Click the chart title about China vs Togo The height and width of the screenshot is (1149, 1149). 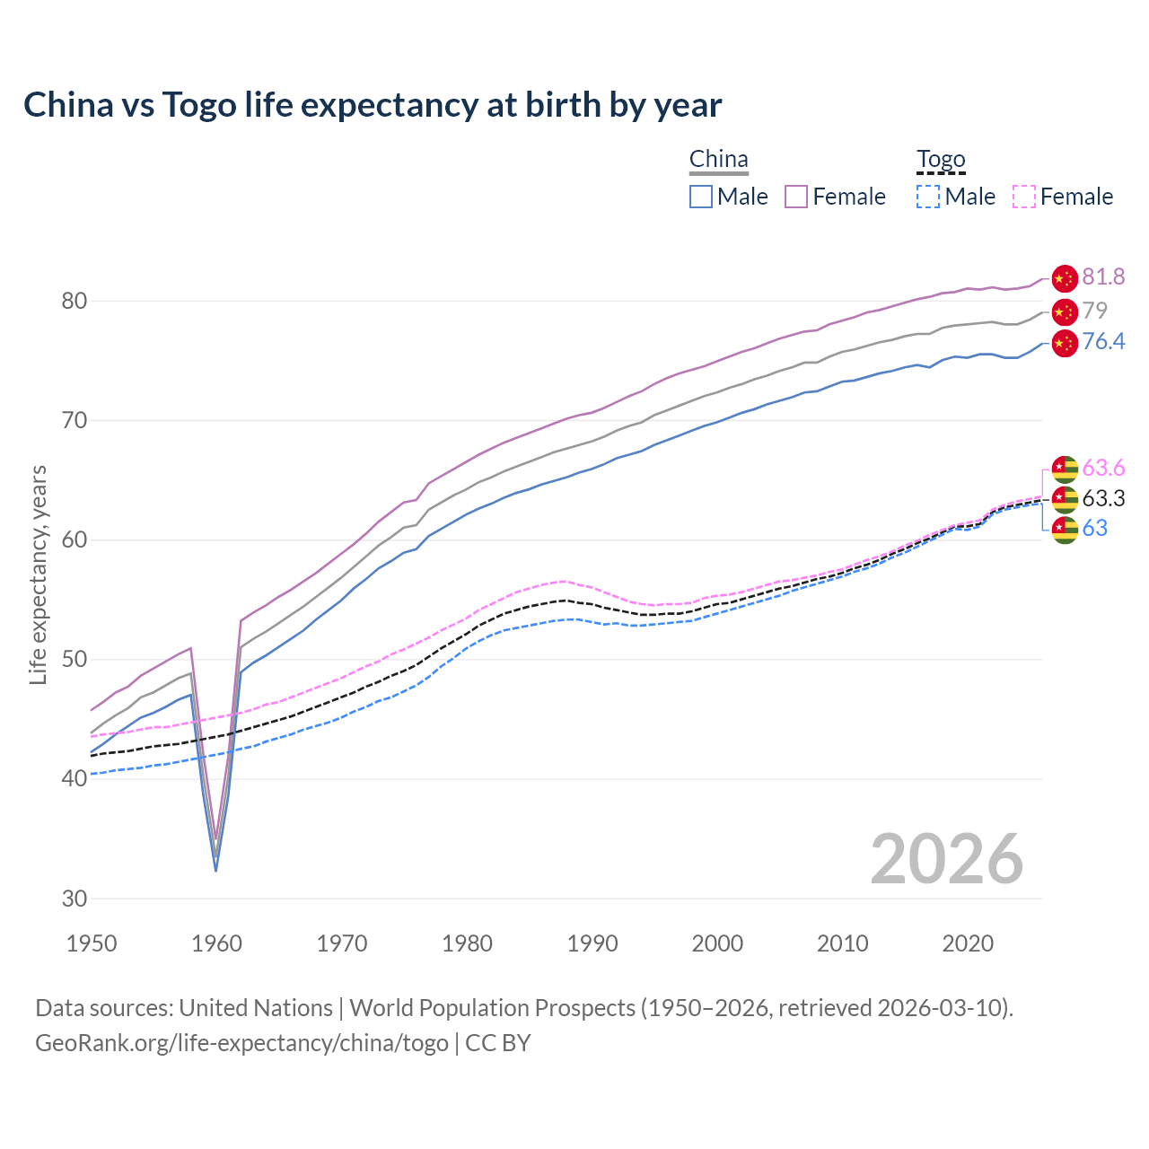pyautogui.click(x=373, y=105)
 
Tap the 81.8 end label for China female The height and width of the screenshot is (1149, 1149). pyautogui.click(x=1103, y=277)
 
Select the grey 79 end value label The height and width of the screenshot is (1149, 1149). pyautogui.click(x=1094, y=311)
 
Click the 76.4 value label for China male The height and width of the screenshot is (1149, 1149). pyautogui.click(x=1103, y=342)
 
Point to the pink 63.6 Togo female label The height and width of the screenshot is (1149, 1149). pyautogui.click(x=1103, y=468)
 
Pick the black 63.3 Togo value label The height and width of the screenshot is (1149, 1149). pyautogui.click(x=1103, y=498)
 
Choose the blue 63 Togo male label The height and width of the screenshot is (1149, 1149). pyautogui.click(x=1094, y=528)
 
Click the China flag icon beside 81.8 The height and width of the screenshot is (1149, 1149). pyautogui.click(x=1065, y=278)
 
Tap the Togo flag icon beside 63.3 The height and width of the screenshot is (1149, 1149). pyautogui.click(x=1065, y=498)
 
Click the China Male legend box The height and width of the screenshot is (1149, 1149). pyautogui.click(x=701, y=197)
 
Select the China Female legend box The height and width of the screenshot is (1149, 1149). pyautogui.click(x=796, y=197)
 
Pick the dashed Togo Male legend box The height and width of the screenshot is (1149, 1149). pyautogui.click(x=928, y=197)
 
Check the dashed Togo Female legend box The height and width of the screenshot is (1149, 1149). pyautogui.click(x=1023, y=197)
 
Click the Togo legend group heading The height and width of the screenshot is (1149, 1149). pyautogui.click(x=940, y=160)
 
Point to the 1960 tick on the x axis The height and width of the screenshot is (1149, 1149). pyautogui.click(x=217, y=943)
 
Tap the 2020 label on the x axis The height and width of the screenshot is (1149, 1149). pyautogui.click(x=968, y=943)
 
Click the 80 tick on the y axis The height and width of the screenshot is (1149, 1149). pyautogui.click(x=75, y=301)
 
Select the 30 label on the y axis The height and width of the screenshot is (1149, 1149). pyautogui.click(x=75, y=899)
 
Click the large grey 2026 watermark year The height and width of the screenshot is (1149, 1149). pyautogui.click(x=946, y=859)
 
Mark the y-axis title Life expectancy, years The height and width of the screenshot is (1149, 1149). pyautogui.click(x=39, y=574)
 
